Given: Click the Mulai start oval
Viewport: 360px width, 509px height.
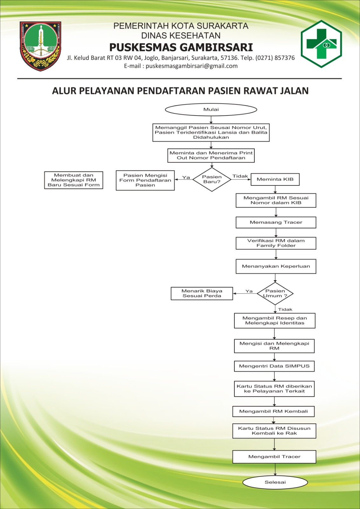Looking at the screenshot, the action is (211, 109).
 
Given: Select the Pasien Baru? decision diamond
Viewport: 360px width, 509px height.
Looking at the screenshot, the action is (212, 179).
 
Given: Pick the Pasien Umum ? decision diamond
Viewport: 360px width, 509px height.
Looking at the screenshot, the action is (275, 294).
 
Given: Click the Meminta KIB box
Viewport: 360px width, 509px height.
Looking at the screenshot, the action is (275, 179).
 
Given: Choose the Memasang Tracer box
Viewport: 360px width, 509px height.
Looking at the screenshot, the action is (276, 222).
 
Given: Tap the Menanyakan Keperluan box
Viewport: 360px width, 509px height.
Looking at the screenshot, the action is (276, 266).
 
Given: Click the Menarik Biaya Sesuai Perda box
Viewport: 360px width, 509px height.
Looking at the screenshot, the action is (202, 294).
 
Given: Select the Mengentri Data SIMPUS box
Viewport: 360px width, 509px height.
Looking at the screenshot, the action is (274, 366).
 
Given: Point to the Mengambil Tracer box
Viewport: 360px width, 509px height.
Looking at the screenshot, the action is (274, 457).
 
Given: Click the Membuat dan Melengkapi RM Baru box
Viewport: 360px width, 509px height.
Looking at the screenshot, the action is (73, 180).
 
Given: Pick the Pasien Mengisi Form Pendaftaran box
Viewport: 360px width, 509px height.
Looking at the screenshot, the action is (145, 180).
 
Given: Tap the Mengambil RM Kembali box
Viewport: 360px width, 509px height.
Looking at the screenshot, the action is (273, 412).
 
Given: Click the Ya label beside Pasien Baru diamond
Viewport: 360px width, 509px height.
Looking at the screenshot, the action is (186, 177).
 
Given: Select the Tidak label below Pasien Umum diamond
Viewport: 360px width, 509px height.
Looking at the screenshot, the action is (285, 310).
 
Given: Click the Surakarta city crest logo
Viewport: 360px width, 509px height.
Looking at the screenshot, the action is (40, 46).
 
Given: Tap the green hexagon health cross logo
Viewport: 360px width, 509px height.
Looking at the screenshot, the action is (321, 44).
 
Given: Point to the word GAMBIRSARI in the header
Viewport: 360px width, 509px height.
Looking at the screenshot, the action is (216, 47).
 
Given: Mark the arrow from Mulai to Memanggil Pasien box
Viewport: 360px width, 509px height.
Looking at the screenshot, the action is (211, 120).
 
